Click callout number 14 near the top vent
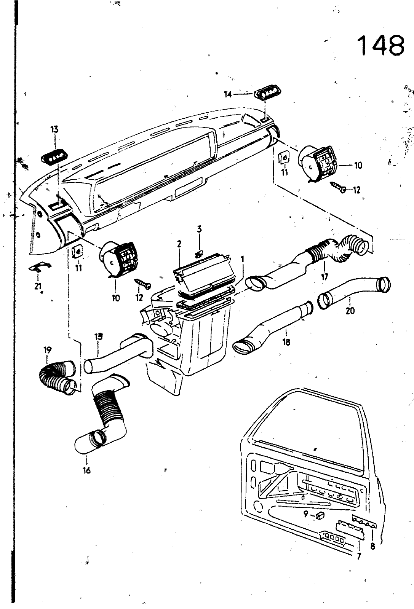[x=228, y=94]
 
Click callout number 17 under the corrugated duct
[x=324, y=277]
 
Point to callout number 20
[x=350, y=311]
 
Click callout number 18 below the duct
[x=286, y=342]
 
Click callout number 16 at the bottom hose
[x=86, y=470]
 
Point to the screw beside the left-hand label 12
[x=143, y=284]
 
